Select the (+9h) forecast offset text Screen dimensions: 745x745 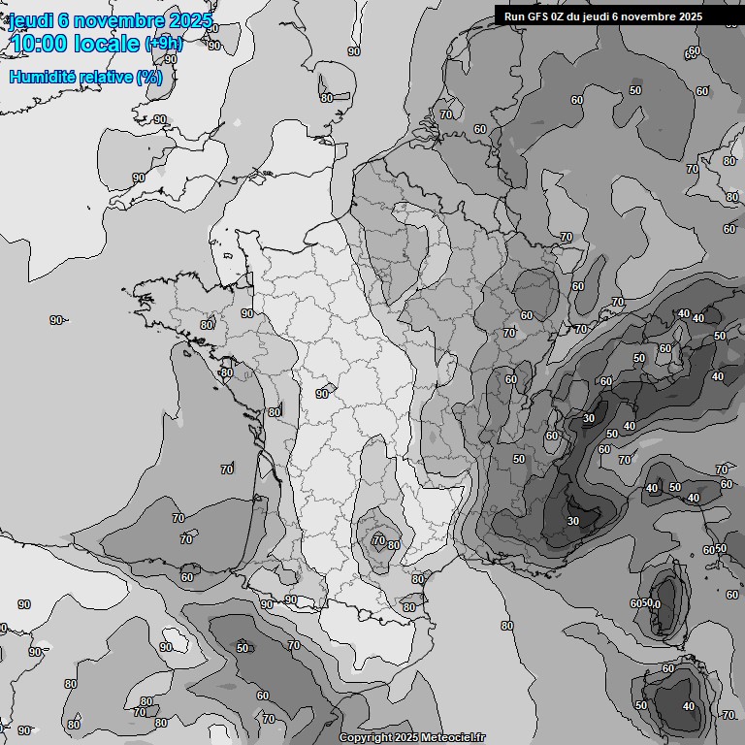[x=163, y=44]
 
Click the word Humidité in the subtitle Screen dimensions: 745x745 [x=42, y=77]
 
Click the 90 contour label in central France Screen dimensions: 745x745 [x=322, y=394]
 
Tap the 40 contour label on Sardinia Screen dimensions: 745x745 [x=689, y=706]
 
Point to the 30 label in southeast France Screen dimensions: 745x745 [x=572, y=521]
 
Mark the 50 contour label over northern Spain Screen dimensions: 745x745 [x=243, y=648]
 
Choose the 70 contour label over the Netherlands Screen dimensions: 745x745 [x=446, y=114]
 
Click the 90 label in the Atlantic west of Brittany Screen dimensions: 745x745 [x=56, y=320]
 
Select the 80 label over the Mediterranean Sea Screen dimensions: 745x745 [x=506, y=626]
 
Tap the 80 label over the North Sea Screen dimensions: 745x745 [x=326, y=97]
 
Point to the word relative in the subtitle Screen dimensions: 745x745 [x=107, y=77]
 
